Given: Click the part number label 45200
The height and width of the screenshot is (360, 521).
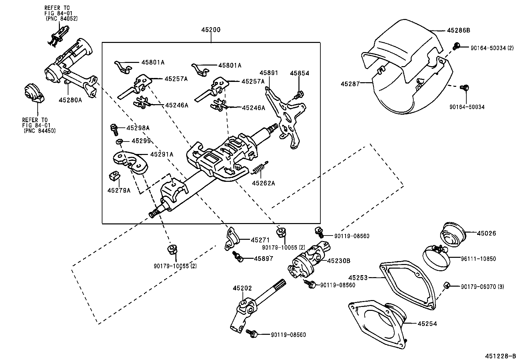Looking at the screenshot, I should (211, 30).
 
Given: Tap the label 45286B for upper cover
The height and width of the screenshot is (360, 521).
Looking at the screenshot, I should (458, 30).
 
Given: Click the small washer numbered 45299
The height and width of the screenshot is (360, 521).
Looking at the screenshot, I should (119, 142).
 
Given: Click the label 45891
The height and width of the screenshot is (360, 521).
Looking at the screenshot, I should (269, 73).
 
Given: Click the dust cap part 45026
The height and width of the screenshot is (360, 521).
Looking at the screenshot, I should (453, 234).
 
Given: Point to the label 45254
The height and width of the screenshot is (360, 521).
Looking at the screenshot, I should (427, 324).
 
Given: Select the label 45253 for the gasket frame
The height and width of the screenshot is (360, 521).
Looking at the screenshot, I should (358, 277).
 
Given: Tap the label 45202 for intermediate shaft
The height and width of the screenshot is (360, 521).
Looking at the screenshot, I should (243, 288).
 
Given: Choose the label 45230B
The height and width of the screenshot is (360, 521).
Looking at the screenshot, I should (339, 261).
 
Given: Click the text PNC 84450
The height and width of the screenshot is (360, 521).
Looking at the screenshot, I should (40, 131).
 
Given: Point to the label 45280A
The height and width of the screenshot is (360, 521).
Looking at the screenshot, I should (70, 100).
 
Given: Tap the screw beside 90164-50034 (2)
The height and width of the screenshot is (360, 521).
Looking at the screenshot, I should (456, 46).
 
